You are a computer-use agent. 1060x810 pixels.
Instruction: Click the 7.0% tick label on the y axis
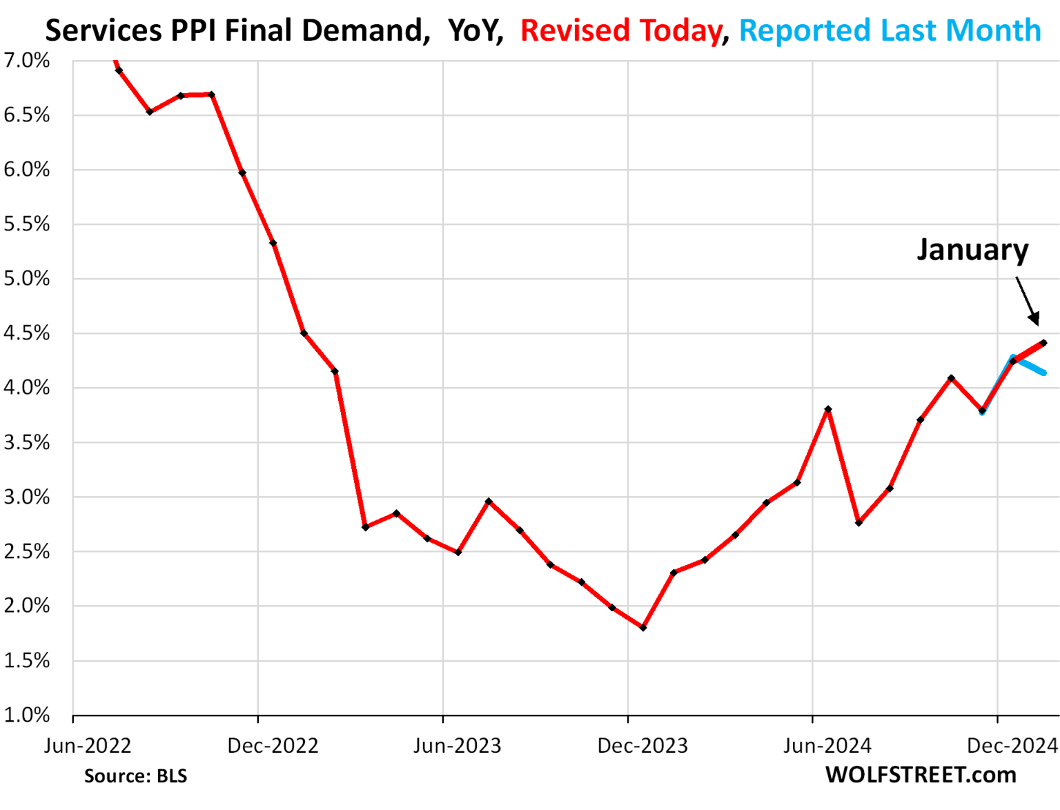(27, 61)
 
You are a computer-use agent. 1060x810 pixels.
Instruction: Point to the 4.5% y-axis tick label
(27, 333)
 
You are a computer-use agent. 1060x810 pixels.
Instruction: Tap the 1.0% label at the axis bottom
(27, 715)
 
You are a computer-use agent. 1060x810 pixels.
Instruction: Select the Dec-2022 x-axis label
(273, 746)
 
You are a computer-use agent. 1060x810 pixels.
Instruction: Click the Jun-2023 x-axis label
(457, 746)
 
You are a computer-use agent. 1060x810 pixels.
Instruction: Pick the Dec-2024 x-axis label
(1012, 746)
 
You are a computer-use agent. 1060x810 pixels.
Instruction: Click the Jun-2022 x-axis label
(88, 746)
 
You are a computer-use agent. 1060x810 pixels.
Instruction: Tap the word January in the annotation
(972, 249)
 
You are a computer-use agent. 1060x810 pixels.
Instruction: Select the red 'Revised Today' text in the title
(620, 30)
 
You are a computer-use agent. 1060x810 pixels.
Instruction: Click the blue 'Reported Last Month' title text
(890, 30)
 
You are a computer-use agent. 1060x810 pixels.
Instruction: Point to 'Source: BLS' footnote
(135, 776)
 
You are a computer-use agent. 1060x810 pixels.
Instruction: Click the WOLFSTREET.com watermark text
(921, 775)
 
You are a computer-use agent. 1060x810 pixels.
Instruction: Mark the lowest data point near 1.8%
(643, 628)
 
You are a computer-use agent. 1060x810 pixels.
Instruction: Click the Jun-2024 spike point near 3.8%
(828, 409)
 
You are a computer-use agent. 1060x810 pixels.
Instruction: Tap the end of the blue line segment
(1043, 373)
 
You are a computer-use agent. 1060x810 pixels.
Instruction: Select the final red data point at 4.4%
(1043, 343)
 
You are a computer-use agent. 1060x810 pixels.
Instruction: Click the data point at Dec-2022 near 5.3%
(273, 243)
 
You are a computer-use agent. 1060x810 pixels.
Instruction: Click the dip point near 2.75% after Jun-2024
(858, 523)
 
